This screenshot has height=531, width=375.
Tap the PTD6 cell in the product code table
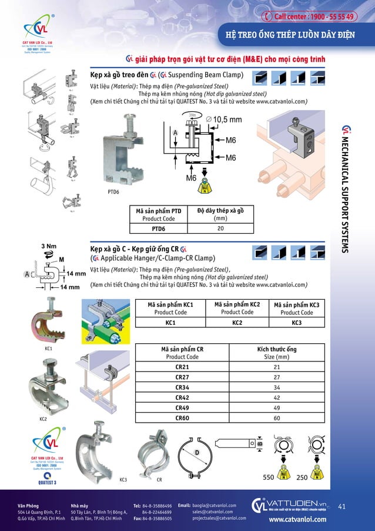tap(158, 229)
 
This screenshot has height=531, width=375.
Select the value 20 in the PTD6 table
tap(220, 229)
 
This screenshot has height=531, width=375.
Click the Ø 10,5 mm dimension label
tap(223, 120)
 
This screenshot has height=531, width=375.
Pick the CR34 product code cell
tap(182, 388)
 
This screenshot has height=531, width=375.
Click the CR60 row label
tap(182, 418)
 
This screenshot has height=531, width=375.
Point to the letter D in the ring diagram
tap(198, 452)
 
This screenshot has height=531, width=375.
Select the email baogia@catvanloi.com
tap(214, 505)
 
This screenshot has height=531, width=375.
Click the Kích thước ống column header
tap(276, 352)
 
